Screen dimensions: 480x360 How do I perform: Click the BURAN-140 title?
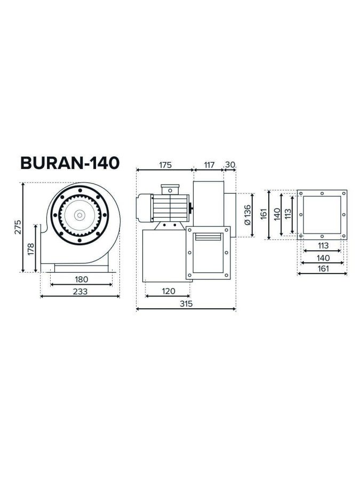(69, 163)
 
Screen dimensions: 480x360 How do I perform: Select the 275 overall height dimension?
(18, 227)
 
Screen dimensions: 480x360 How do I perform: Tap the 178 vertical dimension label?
(31, 249)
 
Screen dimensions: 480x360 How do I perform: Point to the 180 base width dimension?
(82, 279)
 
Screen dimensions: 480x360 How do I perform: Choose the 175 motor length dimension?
(165, 165)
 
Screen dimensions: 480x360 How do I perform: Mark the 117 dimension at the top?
(208, 165)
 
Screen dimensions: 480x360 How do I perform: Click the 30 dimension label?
(230, 165)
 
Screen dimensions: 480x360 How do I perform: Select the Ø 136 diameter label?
(247, 214)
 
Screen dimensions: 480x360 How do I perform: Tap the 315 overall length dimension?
(186, 303)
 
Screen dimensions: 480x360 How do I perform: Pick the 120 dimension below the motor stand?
(168, 291)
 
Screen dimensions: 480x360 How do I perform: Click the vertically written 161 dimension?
(263, 214)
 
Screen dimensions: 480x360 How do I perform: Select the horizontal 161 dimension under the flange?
(322, 268)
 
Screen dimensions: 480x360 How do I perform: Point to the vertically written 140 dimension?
(277, 214)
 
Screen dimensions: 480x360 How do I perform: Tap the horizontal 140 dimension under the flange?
(322, 258)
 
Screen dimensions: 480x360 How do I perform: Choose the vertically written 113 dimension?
(288, 214)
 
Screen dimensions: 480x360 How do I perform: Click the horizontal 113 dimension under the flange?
(322, 246)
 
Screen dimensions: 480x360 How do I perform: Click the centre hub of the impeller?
(79, 215)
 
